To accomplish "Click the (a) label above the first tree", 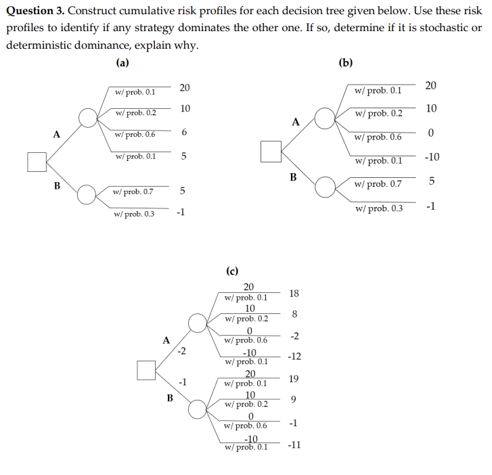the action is point(122,63).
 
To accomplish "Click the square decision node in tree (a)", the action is point(37,162).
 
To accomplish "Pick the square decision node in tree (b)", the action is point(271,151).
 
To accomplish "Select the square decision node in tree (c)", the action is point(147,370).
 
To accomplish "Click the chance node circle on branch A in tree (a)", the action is point(88,118).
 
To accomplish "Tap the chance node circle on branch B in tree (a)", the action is point(87,195).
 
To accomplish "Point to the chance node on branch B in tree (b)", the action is point(326,186).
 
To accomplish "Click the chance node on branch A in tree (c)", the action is point(197,323).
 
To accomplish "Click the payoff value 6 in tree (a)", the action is point(183,133).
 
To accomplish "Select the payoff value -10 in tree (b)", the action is point(431,158).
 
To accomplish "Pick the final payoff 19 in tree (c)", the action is point(293,379).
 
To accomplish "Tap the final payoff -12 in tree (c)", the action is point(294,356).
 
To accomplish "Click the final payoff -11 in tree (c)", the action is point(294,445).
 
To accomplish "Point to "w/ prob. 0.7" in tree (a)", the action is point(134,191).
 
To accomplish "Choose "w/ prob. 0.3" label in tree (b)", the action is point(379,208).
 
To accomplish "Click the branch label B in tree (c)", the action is point(171,398).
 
